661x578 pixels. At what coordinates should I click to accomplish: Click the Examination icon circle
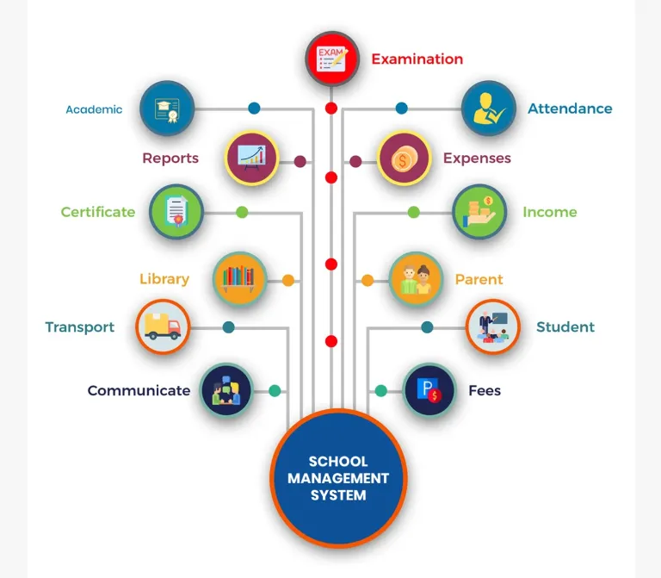click(x=331, y=59)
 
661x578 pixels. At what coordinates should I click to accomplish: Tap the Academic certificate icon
click(x=167, y=109)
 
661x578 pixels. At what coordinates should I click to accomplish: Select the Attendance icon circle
click(x=488, y=109)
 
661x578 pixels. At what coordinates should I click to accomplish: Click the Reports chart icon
click(x=251, y=158)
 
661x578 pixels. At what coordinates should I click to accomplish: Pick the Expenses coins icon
click(x=404, y=158)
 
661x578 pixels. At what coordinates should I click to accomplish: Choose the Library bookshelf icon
click(x=238, y=278)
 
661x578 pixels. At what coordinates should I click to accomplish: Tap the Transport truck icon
click(x=163, y=326)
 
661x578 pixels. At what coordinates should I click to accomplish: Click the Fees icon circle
click(x=429, y=390)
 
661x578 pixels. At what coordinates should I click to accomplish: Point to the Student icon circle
click(x=493, y=326)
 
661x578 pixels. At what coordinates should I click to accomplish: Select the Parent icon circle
click(x=416, y=278)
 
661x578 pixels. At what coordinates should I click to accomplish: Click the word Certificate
click(x=98, y=212)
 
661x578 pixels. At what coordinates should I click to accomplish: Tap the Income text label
click(x=549, y=212)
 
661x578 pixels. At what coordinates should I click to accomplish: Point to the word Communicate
click(x=139, y=390)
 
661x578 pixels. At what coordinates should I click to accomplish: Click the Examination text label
click(x=417, y=59)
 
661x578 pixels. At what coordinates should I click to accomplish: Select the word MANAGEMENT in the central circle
click(x=338, y=478)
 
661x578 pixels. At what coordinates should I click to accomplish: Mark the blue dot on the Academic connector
click(x=254, y=109)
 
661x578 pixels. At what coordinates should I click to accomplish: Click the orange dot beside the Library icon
click(x=288, y=280)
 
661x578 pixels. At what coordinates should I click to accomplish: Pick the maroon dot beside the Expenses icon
click(x=355, y=161)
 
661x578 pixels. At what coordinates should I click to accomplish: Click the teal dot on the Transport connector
click(x=228, y=327)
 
